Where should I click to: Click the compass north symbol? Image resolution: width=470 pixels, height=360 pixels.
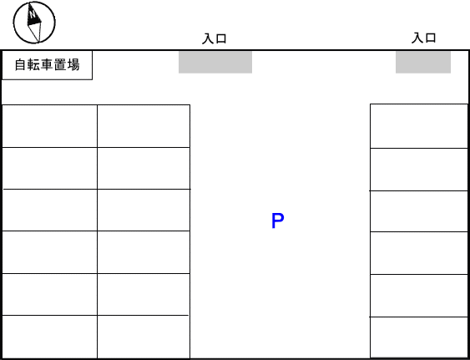[x=34, y=23]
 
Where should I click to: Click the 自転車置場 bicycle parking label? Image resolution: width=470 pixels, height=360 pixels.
[x=47, y=65]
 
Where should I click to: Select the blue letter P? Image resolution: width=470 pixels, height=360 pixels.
[x=277, y=221]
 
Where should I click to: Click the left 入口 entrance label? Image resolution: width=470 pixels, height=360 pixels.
[x=214, y=39]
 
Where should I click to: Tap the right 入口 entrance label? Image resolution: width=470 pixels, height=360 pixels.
[x=423, y=38]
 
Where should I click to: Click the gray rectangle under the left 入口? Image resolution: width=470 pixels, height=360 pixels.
[x=215, y=62]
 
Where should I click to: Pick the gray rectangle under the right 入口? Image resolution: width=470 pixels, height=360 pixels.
[x=423, y=62]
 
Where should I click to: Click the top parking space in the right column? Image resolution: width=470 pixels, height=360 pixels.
[x=419, y=126]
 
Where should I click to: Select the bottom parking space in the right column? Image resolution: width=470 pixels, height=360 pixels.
[x=419, y=337]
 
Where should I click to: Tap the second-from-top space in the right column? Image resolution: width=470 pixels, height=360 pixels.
[x=419, y=170]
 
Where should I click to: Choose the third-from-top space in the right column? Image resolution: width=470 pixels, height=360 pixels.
[x=419, y=211]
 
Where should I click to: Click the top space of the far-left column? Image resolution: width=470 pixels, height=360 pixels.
[x=49, y=126]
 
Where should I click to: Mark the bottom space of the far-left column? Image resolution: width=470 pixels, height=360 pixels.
[x=49, y=337]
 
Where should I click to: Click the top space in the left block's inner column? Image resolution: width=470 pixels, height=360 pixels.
[x=144, y=126]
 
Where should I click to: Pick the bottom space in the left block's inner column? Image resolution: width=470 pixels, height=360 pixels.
[x=144, y=337]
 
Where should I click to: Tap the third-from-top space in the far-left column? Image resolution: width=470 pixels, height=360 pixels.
[x=49, y=210]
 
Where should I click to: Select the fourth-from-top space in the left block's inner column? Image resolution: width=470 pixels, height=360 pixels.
[x=144, y=252]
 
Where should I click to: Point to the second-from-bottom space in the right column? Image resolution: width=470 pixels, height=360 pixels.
[x=419, y=296]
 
